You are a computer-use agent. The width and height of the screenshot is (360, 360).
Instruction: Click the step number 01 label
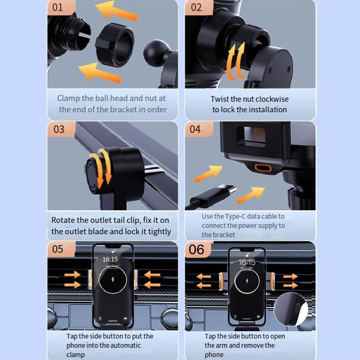click(58, 7)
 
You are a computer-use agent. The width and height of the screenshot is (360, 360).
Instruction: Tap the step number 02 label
click(196, 7)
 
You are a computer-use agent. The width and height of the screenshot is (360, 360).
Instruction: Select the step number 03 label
click(59, 129)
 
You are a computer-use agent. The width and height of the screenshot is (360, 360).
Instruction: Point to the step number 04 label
click(195, 129)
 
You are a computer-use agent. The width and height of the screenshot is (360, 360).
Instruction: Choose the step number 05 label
click(58, 249)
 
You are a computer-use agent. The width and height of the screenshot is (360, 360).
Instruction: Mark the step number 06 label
click(196, 250)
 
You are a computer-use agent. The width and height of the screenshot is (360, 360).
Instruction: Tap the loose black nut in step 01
click(115, 44)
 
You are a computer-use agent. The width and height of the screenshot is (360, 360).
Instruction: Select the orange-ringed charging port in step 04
click(263, 168)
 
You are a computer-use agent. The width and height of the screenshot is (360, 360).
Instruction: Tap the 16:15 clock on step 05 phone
click(110, 259)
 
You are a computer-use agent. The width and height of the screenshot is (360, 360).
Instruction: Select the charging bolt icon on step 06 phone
click(247, 281)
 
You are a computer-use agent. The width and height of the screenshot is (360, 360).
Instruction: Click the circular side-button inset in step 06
click(291, 309)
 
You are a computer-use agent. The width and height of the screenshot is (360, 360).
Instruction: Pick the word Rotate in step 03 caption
click(63, 220)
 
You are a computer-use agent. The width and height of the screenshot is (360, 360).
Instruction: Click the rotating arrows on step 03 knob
click(101, 167)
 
